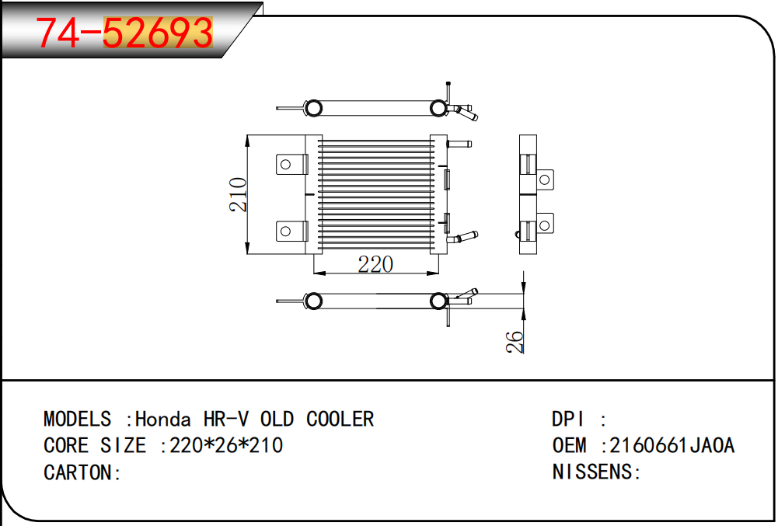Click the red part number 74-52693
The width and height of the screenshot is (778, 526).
124,33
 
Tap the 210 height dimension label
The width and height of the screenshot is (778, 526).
238,194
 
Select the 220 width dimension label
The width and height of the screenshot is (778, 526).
375,264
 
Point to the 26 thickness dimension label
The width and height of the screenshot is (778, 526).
515,342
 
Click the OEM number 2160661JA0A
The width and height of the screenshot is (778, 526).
672,445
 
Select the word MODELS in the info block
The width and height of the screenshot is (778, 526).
78,419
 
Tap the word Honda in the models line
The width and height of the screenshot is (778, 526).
162,419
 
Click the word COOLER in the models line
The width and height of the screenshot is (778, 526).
340,419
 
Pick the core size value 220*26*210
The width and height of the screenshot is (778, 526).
226,445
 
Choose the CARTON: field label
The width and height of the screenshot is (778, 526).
82,472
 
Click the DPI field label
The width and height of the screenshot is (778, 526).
568,419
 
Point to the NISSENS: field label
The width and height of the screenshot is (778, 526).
596,472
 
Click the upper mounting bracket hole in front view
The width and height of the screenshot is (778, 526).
285,164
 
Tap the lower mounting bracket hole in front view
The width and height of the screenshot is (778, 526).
285,232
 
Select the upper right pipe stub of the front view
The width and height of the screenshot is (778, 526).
459,145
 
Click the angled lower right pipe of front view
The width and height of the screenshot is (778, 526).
462,237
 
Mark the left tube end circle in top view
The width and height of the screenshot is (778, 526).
313,108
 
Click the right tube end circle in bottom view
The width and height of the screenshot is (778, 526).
438,301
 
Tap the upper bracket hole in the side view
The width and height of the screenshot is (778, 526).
544,179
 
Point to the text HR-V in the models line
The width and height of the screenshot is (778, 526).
225,419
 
